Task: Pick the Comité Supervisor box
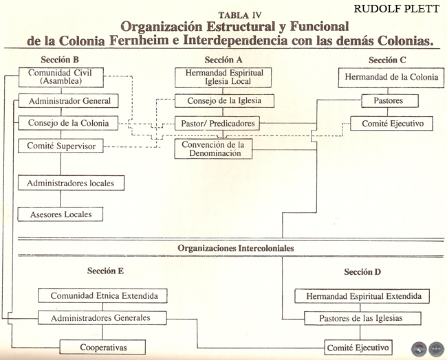pyautogui.click(x=61, y=146)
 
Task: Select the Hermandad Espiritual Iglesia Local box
pyautogui.click(x=219, y=77)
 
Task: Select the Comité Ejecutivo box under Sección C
pyautogui.click(x=391, y=124)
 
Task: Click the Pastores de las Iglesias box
pyautogui.click(x=362, y=319)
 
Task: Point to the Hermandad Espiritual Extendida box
pyautogui.click(x=362, y=296)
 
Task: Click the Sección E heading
pyautogui.click(x=105, y=271)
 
